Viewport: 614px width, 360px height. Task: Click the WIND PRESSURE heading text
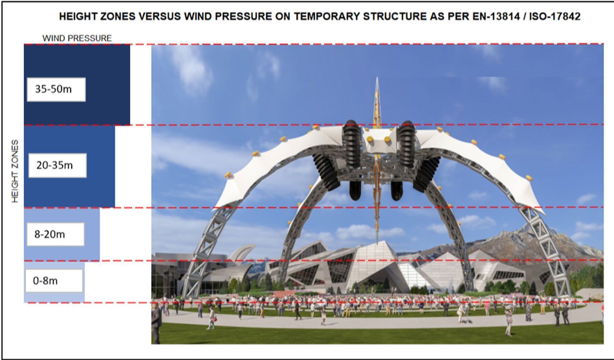click(77, 38)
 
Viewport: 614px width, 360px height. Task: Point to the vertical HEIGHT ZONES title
click(15, 171)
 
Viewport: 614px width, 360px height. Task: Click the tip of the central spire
click(377, 78)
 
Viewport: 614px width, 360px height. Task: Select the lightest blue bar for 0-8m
click(54, 298)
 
